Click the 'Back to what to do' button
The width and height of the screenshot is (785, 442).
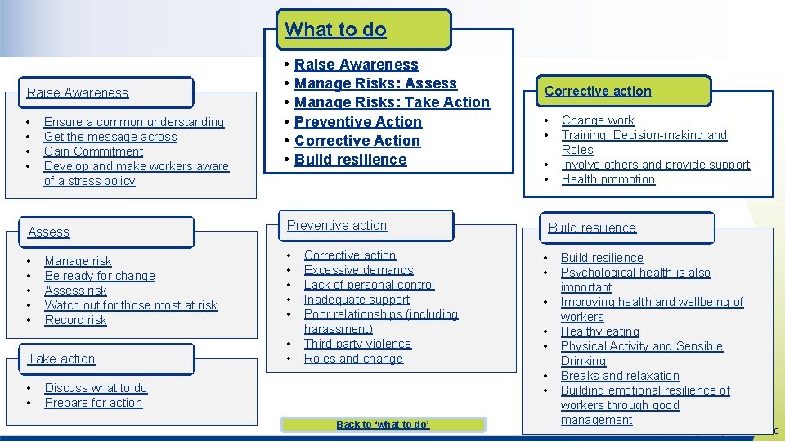coord(383,425)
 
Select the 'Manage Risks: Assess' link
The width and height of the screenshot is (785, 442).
coord(375,83)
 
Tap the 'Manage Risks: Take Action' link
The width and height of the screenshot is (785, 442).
coord(392,102)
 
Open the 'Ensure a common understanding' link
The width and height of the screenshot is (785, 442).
coord(134,122)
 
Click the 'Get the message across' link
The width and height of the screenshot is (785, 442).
coord(110,137)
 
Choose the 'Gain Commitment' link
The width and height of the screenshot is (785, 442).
coord(93,151)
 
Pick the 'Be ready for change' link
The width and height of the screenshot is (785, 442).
coord(100,276)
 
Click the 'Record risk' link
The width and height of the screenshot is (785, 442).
coord(76,320)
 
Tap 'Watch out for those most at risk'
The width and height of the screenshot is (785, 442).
coord(131,305)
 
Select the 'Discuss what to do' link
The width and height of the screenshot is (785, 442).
coord(96,388)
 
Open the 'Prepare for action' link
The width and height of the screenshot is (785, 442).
coord(93,403)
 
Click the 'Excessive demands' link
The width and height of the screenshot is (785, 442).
coord(358,270)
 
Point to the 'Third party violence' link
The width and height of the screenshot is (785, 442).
coord(357,344)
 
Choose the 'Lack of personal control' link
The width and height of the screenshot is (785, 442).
coord(369,285)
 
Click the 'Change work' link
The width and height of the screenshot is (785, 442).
coord(598,120)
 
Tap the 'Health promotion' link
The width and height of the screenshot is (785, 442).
coord(608,179)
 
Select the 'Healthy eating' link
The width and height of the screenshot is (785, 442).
coord(600,331)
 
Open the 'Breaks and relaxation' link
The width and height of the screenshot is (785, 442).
coord(620,376)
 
